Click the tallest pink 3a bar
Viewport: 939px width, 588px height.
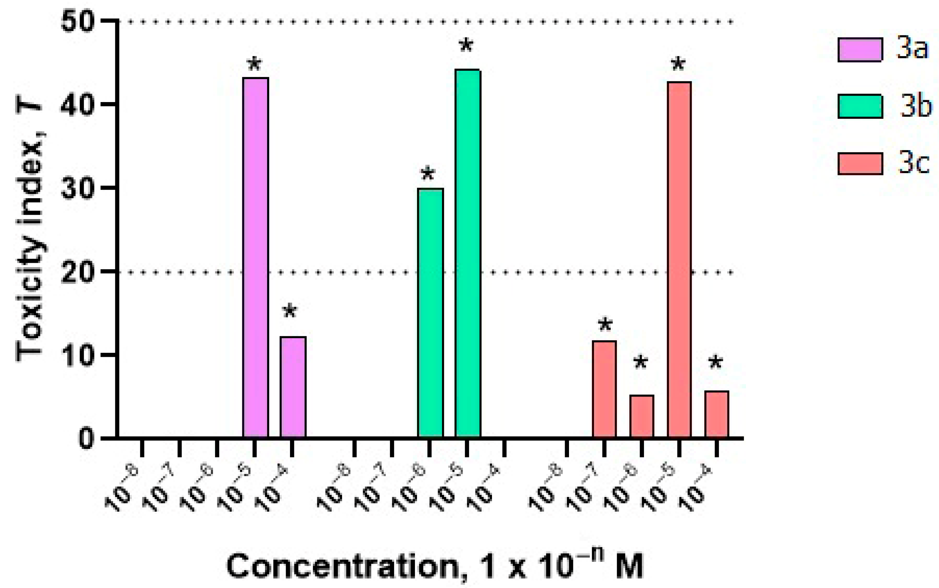255,257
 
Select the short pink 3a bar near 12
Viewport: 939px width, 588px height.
293,387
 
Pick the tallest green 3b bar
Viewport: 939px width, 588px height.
468,253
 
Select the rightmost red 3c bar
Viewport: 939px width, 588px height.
716,414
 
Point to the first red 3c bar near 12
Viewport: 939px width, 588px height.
604,389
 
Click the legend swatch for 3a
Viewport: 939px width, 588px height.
860,50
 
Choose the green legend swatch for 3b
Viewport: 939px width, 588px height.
860,106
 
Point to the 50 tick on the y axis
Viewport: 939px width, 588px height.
78,21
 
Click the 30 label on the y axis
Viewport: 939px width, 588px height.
78,188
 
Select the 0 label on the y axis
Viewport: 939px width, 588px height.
86,439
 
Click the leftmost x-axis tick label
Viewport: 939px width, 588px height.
121,489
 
